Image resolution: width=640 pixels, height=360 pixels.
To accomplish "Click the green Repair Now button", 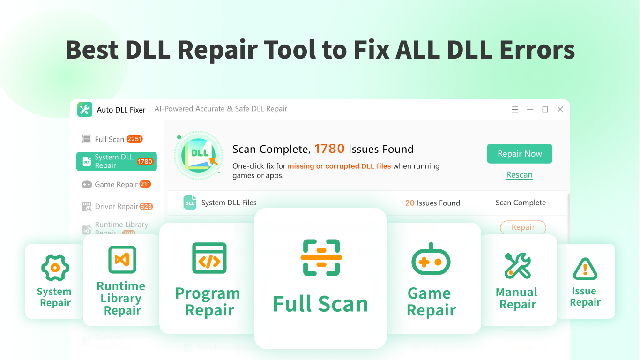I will pyautogui.click(x=519, y=154).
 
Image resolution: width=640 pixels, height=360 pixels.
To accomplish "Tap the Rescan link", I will pyautogui.click(x=519, y=175).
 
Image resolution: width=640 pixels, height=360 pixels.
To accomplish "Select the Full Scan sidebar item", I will pyautogui.click(x=109, y=139).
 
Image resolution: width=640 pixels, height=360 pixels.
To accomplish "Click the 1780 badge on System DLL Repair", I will pyautogui.click(x=145, y=162).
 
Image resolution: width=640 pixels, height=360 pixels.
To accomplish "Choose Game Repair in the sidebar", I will pyautogui.click(x=116, y=184).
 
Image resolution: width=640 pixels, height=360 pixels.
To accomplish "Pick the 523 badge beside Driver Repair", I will pyautogui.click(x=146, y=206).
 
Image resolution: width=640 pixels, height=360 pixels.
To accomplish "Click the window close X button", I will pyautogui.click(x=560, y=110).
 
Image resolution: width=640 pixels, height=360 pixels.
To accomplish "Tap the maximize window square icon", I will pyautogui.click(x=545, y=110).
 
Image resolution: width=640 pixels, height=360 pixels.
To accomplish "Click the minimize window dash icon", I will pyautogui.click(x=530, y=110).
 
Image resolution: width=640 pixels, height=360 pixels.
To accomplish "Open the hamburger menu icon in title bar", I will pyautogui.click(x=515, y=110).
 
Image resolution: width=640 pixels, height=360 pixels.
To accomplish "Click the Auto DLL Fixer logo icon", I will pyautogui.click(x=85, y=109).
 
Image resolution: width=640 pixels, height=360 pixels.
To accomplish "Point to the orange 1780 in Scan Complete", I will pyautogui.click(x=329, y=149).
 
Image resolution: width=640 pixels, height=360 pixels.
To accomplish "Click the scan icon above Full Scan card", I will pyautogui.click(x=321, y=257).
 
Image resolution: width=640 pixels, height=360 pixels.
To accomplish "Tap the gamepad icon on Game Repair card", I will pyautogui.click(x=431, y=261).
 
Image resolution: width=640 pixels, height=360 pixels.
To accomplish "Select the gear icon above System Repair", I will pyautogui.click(x=55, y=268).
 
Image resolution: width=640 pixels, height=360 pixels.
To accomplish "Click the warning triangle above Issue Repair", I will pyautogui.click(x=585, y=269).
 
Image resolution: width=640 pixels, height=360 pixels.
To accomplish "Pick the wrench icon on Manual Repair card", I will pyautogui.click(x=517, y=265).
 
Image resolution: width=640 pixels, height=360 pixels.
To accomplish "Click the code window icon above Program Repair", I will pyautogui.click(x=209, y=258).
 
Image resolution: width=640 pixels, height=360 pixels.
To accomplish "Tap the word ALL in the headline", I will pyautogui.click(x=419, y=50).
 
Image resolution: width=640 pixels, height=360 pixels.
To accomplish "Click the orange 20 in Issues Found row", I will pyautogui.click(x=409, y=203).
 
